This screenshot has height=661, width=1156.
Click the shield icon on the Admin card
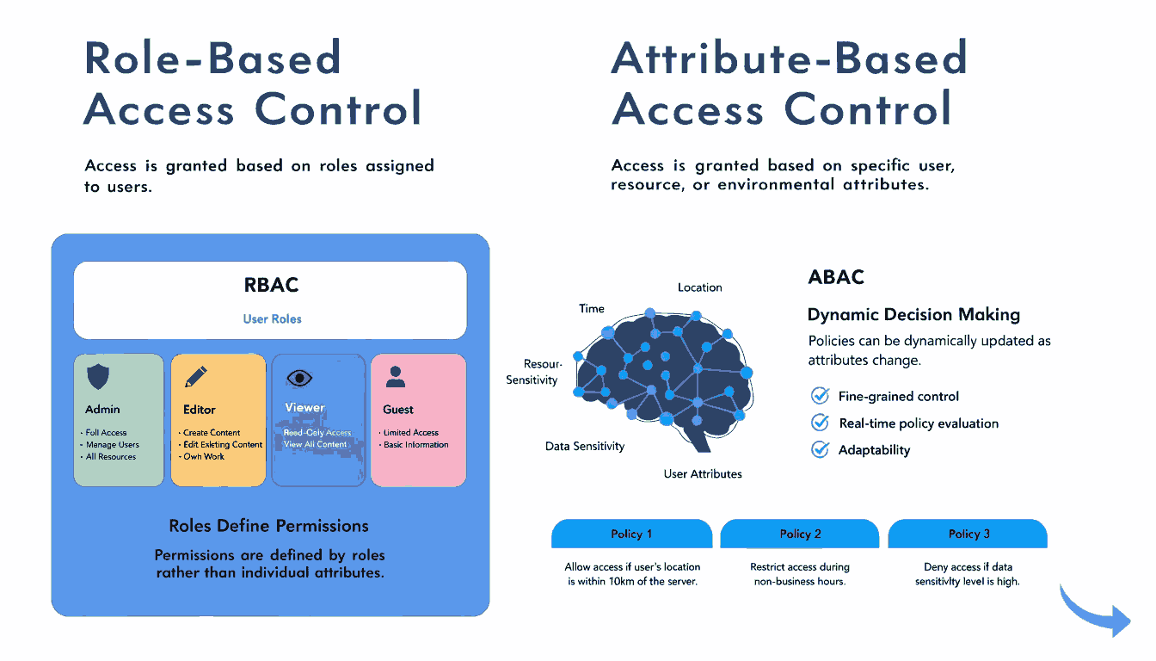[x=99, y=376]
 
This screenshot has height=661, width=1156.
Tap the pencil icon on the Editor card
[x=196, y=376]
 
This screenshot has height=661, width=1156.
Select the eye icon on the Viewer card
[x=298, y=377]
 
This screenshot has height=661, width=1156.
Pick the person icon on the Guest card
[x=396, y=376]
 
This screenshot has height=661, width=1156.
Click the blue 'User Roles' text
[x=272, y=318]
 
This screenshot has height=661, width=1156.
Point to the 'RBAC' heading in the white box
[x=271, y=285]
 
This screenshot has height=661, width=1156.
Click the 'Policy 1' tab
[x=631, y=534]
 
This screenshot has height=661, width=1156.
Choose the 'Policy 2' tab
[x=800, y=534]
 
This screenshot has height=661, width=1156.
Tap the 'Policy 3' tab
[x=968, y=534]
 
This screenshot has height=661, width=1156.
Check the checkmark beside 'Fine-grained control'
[x=821, y=396]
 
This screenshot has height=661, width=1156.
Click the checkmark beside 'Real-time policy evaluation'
[x=821, y=423]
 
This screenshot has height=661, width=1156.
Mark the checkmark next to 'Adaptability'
[x=821, y=449]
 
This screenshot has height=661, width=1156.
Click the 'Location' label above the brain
[x=699, y=287]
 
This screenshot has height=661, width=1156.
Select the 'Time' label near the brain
[x=592, y=308]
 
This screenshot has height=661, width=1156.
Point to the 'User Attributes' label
[x=702, y=473]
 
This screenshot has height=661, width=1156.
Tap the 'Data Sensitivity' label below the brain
[x=585, y=446]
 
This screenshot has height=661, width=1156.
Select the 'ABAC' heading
[x=836, y=277]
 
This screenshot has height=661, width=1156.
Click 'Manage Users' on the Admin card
[x=112, y=445]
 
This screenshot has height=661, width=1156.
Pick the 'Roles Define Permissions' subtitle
[x=268, y=526]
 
